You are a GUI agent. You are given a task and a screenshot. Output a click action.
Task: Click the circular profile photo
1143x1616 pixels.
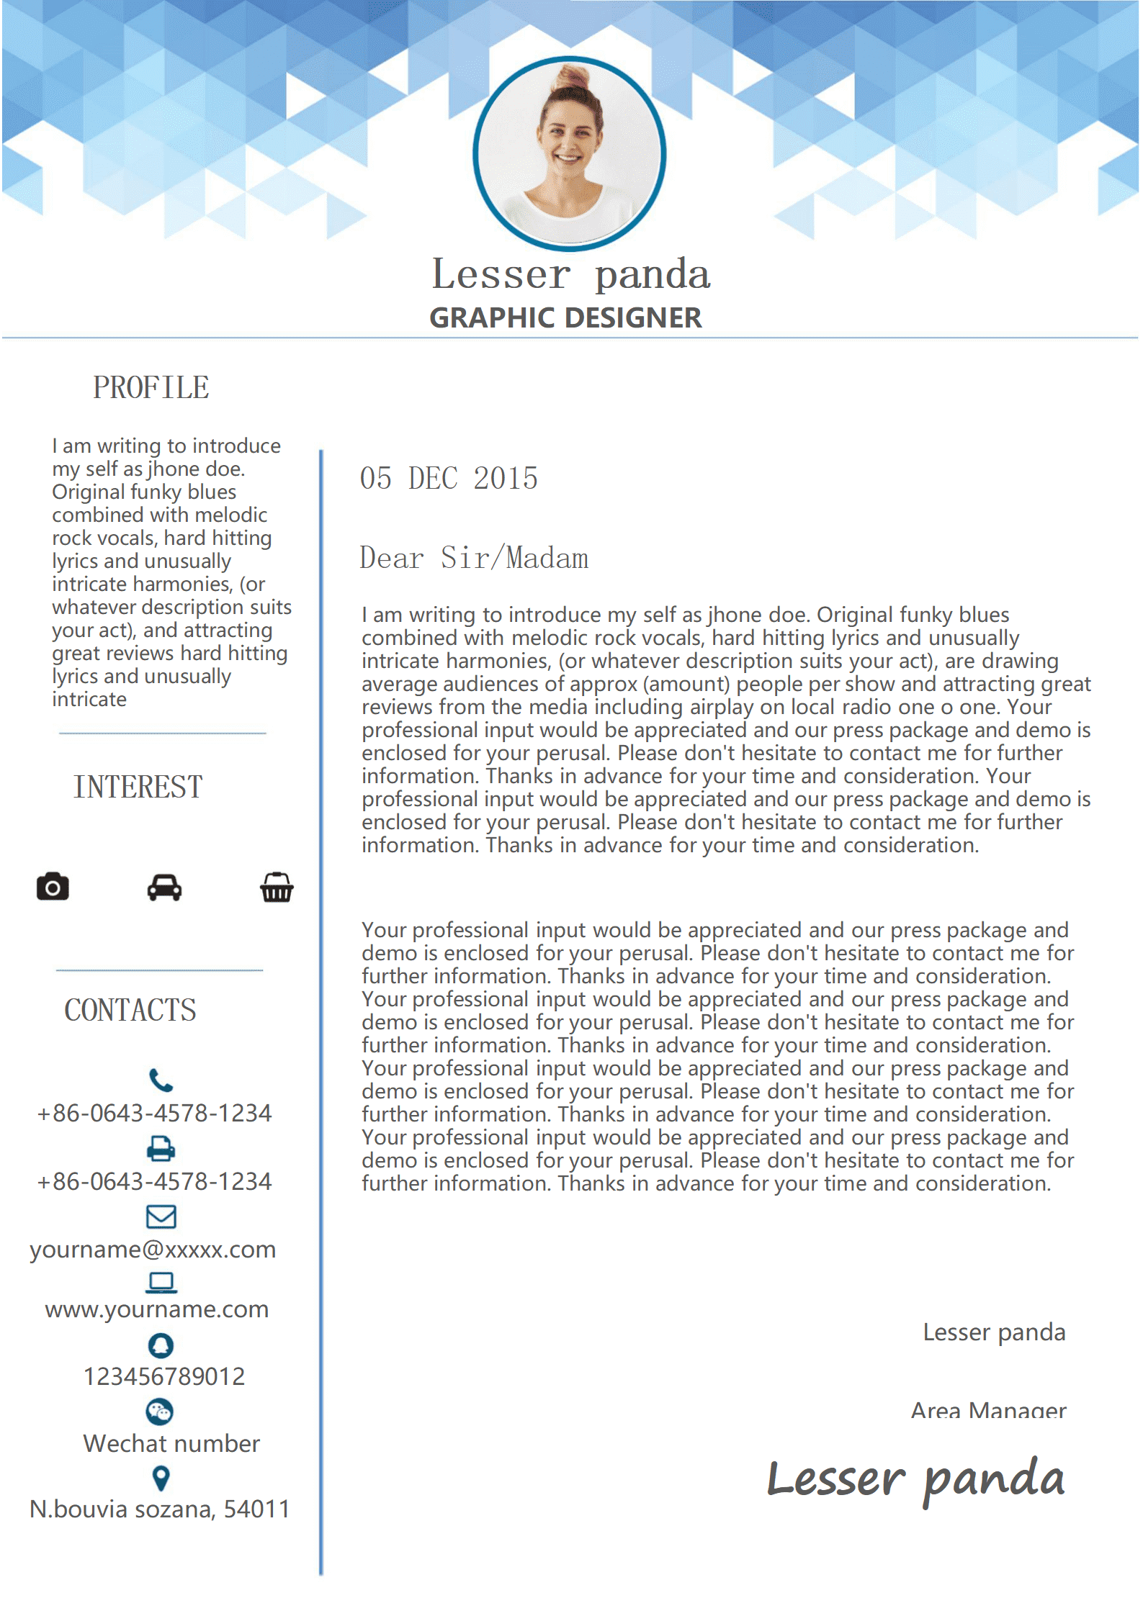tap(569, 153)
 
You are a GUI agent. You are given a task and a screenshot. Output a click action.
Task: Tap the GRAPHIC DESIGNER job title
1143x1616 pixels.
tap(565, 318)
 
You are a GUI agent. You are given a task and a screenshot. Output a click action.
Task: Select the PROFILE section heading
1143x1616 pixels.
tap(151, 388)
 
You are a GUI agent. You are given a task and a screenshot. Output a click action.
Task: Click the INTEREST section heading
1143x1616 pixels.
tap(138, 787)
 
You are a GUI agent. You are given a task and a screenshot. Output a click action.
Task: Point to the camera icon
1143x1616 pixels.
tap(53, 887)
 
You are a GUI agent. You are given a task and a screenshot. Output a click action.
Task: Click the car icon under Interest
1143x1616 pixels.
tap(164, 888)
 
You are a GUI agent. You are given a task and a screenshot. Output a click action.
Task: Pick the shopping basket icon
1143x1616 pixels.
tap(277, 888)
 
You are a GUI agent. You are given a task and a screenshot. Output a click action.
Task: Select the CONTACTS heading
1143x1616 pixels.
tap(130, 1010)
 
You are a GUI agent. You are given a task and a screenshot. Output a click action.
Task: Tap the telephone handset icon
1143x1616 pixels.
tap(161, 1080)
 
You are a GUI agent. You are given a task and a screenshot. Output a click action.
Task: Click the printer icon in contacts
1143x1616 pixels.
tap(161, 1148)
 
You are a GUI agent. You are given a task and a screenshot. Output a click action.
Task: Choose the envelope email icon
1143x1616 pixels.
tap(161, 1216)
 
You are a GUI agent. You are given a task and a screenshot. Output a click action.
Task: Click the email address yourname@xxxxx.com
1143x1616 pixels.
tap(153, 1250)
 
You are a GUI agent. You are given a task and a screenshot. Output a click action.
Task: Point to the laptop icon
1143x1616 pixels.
tap(161, 1282)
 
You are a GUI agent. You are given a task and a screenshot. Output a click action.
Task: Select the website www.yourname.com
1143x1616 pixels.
tap(157, 1309)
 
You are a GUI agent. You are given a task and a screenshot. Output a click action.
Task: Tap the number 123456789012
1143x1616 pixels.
tap(164, 1376)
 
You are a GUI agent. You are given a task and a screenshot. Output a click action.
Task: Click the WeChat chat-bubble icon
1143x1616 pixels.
tap(160, 1412)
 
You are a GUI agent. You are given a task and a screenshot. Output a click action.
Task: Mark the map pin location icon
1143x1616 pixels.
tap(161, 1479)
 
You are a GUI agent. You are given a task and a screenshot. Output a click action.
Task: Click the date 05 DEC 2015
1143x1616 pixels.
tap(449, 479)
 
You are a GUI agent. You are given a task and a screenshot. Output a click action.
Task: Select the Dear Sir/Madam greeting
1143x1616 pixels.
tap(474, 559)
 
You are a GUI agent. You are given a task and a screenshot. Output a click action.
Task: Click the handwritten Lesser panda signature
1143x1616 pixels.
tap(915, 1480)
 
